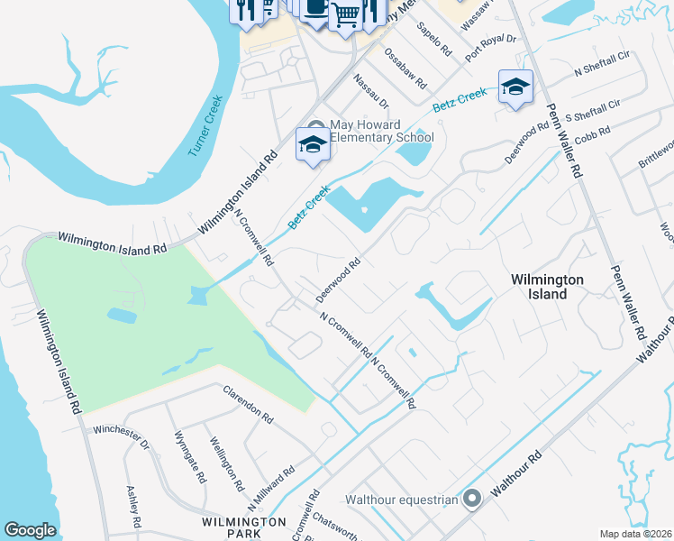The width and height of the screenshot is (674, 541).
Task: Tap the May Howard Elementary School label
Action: (x=381, y=132)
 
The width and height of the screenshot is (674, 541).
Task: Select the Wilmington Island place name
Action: (x=547, y=287)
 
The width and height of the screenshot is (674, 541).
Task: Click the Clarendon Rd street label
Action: (x=248, y=403)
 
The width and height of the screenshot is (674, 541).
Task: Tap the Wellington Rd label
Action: (x=227, y=464)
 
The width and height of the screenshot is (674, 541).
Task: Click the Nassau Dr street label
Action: (x=371, y=91)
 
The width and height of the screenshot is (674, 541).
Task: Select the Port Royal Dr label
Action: (x=490, y=50)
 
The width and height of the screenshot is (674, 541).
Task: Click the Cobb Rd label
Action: (x=592, y=133)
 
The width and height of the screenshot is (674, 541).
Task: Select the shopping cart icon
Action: (x=346, y=13)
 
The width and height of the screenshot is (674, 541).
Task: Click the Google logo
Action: (x=30, y=530)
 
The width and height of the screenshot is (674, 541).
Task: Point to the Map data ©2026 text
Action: (x=635, y=534)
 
